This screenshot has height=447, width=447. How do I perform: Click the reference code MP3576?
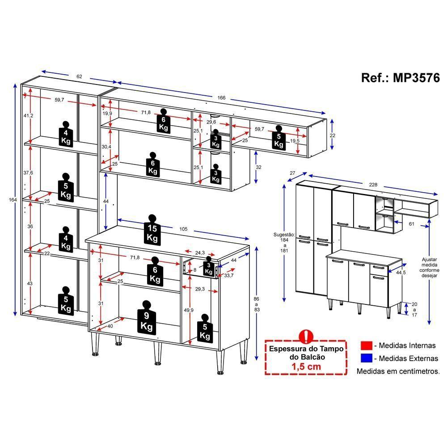[x=416, y=77]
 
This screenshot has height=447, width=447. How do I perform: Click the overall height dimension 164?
[x=13, y=200]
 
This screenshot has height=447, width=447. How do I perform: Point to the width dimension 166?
[x=222, y=97]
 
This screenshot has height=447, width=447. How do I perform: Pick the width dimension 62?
[x=79, y=76]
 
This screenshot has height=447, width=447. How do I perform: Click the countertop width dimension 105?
[x=183, y=229]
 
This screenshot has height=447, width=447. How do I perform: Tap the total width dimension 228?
[x=373, y=185]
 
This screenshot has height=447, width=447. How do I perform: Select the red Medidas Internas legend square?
[x=367, y=346]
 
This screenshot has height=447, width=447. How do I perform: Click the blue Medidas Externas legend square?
[x=367, y=358]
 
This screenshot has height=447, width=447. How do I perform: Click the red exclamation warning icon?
[x=306, y=337]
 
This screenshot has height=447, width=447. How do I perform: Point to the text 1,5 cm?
[x=306, y=367]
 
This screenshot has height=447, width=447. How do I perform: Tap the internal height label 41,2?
[x=28, y=115]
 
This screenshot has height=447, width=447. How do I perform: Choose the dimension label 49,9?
[x=189, y=310]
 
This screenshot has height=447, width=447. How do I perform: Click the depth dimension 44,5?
[x=401, y=273]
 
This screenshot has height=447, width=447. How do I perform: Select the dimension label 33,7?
[x=228, y=275]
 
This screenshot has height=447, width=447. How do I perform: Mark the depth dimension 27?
[x=292, y=173]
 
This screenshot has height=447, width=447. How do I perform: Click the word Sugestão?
[x=284, y=235]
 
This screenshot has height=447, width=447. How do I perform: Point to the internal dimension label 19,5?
[x=295, y=140]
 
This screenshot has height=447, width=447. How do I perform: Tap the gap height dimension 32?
[x=258, y=167]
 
